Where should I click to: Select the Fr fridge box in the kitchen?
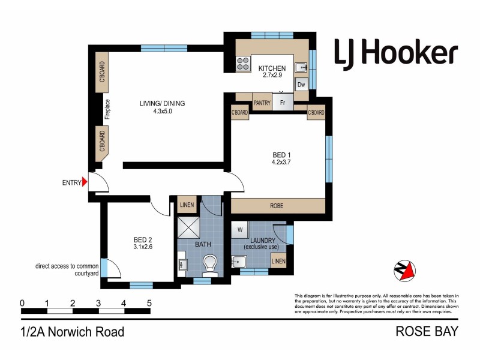point(283,103)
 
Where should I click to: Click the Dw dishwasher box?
point(301,85)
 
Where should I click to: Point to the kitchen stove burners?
point(243,64)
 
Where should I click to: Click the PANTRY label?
point(262,103)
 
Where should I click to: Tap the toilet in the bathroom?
point(210,262)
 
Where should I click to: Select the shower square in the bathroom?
point(190,226)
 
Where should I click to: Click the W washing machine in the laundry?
point(240,229)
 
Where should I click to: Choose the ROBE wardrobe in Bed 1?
point(277,206)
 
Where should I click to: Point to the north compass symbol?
point(404,271)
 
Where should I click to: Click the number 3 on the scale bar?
point(98,303)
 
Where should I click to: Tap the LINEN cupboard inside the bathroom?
point(187,205)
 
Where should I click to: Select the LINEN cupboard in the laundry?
point(278,261)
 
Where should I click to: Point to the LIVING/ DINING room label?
point(162,103)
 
